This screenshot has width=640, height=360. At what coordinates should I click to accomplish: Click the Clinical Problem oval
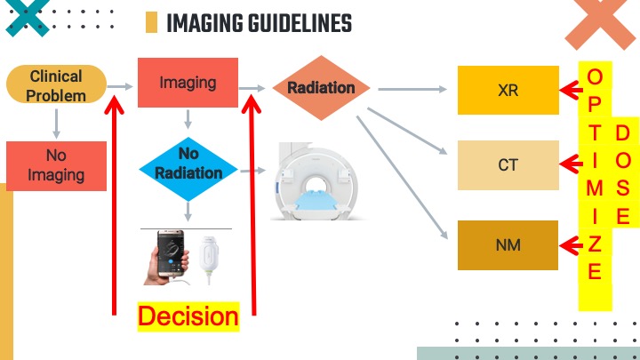point(56,85)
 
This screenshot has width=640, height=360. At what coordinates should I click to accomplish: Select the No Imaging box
point(56,165)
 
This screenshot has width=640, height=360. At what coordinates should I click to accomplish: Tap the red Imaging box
point(188,83)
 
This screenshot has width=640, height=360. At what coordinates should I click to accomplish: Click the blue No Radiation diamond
point(188,164)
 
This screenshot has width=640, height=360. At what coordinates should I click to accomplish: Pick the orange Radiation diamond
point(321,88)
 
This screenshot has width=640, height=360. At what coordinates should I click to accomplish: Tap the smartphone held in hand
point(169,256)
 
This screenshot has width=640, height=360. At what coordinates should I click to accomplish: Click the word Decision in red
point(188,316)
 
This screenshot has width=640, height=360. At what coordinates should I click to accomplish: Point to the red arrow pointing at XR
point(569,89)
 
